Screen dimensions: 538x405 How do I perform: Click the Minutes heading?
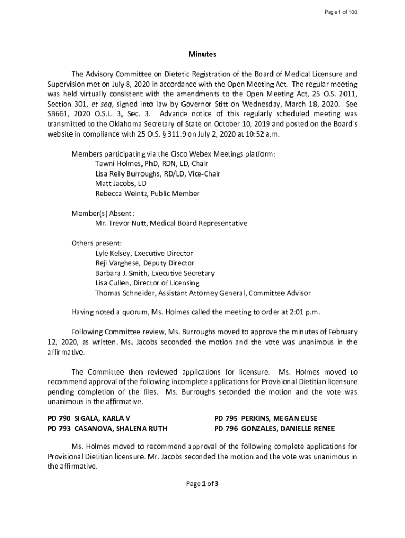coord(202,54)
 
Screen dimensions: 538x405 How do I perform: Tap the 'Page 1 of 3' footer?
coord(202,484)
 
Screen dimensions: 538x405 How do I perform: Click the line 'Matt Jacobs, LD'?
coord(120,184)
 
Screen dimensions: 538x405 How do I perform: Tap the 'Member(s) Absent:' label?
coord(103,214)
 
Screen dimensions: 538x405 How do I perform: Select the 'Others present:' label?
coord(97,243)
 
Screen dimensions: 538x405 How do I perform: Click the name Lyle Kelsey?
coord(113,253)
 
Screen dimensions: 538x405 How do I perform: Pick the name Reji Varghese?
coord(115,263)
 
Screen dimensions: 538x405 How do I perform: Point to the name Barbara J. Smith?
coord(120,273)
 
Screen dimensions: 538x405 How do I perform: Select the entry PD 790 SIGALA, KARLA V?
coord(89,418)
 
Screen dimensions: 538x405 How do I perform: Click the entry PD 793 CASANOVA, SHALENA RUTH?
coord(107,428)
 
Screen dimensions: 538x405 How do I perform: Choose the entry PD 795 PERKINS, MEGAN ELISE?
coord(266,418)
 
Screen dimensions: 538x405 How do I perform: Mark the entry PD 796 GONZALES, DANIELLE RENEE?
coord(275,428)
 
